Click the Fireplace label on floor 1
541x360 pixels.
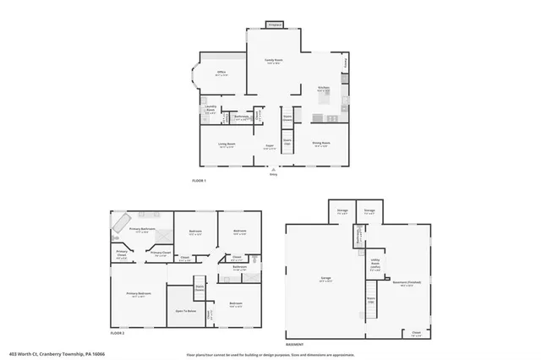[x=275, y=25]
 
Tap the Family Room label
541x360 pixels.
[x=273, y=61]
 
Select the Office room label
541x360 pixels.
[x=222, y=74]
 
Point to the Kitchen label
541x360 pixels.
[x=323, y=88]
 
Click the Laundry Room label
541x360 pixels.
[x=210, y=109]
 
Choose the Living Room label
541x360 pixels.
[x=227, y=145]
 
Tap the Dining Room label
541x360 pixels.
[x=320, y=145]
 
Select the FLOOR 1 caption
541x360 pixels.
[x=199, y=181]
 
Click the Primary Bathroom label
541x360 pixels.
[x=142, y=229]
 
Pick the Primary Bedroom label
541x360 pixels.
[x=137, y=294]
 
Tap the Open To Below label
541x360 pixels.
[x=187, y=310]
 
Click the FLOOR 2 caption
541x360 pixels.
[x=117, y=335]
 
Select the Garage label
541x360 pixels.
[x=325, y=280]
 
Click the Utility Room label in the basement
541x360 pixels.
[x=374, y=263]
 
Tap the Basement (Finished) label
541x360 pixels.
[x=407, y=284]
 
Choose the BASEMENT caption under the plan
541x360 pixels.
[x=295, y=346]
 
